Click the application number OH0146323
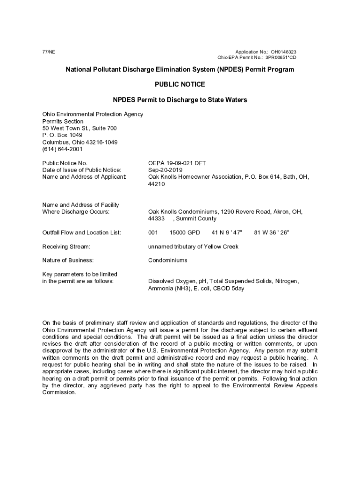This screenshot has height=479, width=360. point(284,52)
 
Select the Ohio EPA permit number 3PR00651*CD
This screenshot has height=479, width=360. point(281,58)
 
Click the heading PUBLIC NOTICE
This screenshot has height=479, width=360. point(180,85)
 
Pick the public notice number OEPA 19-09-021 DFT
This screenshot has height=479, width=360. point(177,163)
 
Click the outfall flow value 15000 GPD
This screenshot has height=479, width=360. point(185,232)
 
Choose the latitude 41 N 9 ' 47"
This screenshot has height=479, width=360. point(227,232)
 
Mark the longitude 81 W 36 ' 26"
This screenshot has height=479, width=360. point(272,232)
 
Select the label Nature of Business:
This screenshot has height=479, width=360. point(68,260)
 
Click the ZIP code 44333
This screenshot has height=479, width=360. point(156,218)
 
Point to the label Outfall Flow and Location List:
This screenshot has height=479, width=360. point(81,232)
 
